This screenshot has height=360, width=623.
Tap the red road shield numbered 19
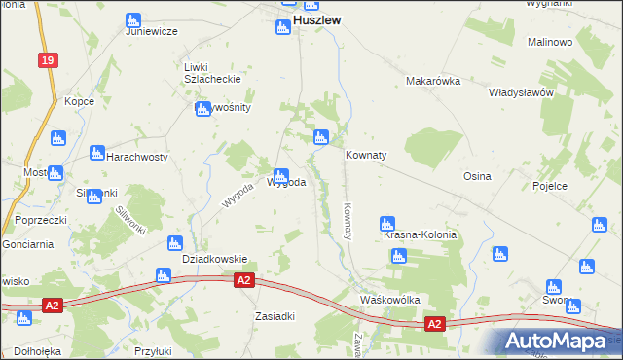pos(48,60)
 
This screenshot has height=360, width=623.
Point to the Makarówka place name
pos(432,82)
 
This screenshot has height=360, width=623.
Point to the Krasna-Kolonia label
pos(420,235)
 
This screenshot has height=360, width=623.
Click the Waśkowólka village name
pos(389,300)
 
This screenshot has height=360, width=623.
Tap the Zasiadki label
pos(275,316)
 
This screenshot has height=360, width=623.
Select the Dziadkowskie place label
pos(215,259)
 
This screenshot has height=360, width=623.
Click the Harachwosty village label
pos(137,157)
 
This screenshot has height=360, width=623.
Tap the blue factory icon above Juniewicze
pos(133,19)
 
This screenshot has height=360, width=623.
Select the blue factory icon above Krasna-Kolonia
pos(387,223)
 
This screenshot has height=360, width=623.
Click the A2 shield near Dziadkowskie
pos(244,280)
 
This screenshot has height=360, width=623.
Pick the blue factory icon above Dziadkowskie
pos(175,242)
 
